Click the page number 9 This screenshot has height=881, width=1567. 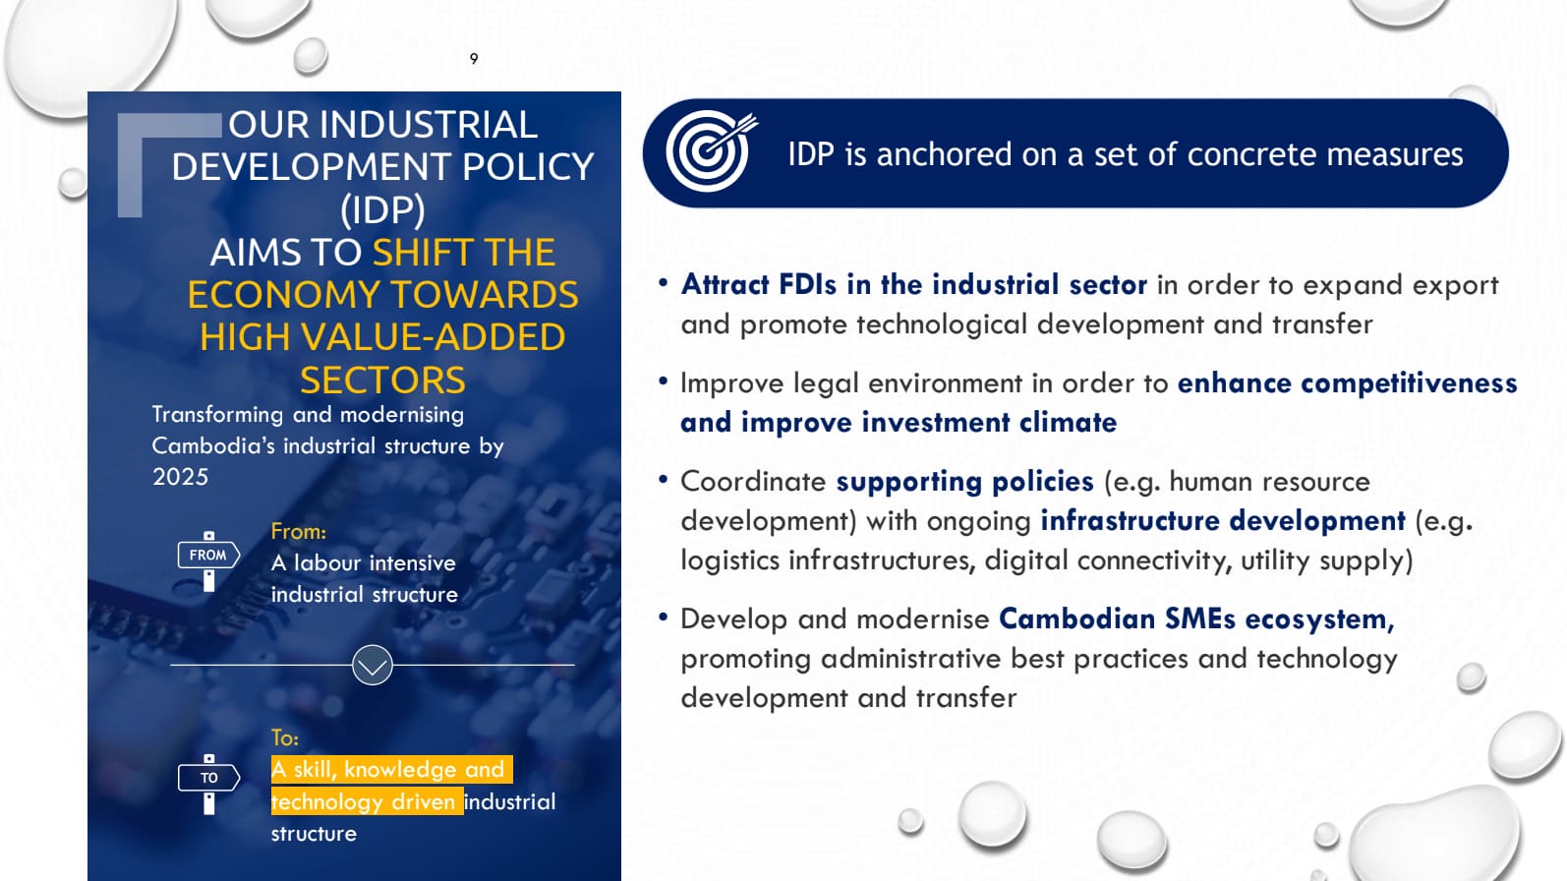(474, 59)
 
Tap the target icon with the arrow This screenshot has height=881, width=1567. (710, 151)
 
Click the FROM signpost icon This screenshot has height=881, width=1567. (208, 558)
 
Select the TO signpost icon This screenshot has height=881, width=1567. (208, 782)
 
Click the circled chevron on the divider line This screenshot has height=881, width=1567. (373, 666)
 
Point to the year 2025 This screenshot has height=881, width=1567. (181, 477)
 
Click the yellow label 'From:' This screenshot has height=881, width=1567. (298, 532)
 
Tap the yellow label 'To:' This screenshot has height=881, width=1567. (284, 738)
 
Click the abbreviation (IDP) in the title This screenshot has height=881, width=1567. (382, 209)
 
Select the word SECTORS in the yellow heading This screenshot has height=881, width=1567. (382, 381)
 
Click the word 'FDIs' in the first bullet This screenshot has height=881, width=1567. (807, 285)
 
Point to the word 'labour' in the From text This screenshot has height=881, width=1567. (327, 563)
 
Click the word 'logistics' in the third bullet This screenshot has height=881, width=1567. (729, 560)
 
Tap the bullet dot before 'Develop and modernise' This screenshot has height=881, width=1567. (664, 617)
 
